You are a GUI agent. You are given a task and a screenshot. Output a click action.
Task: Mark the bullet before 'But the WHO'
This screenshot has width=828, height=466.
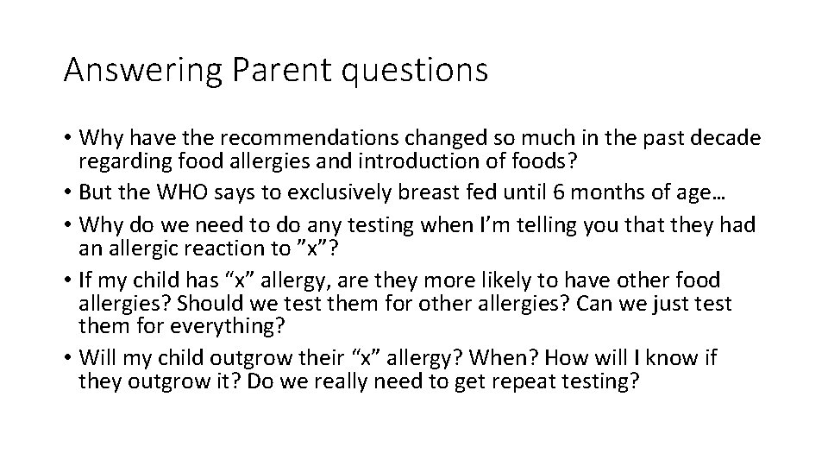[68, 187]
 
